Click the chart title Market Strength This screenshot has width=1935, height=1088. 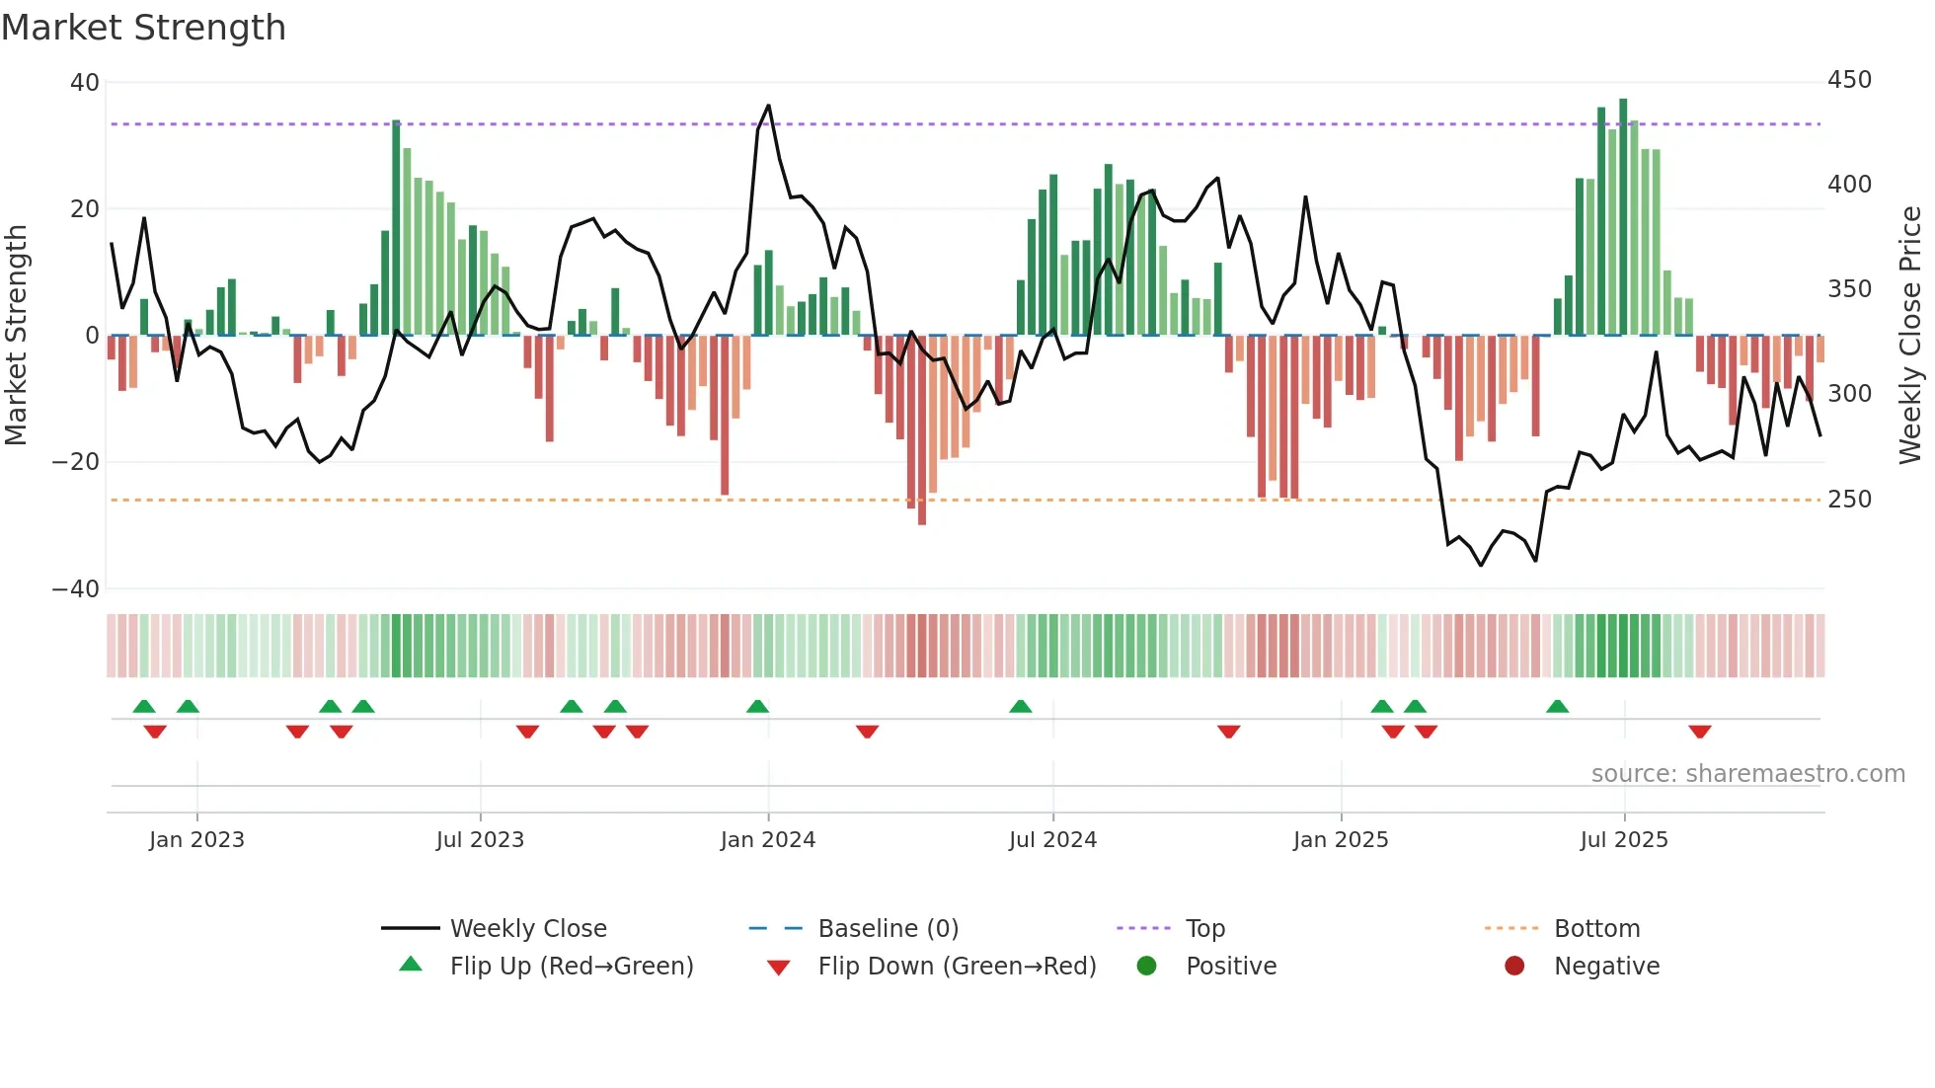pyautogui.click(x=143, y=28)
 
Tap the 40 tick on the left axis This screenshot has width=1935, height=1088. pyautogui.click(x=85, y=83)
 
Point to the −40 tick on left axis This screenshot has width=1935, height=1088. pyautogui.click(x=76, y=589)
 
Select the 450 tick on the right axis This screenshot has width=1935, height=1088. pyautogui.click(x=1849, y=80)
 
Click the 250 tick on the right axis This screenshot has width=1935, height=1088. pyautogui.click(x=1849, y=500)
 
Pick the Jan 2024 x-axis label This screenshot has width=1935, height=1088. pyautogui.click(x=768, y=840)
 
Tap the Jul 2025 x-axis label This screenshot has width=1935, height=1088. pyautogui.click(x=1624, y=840)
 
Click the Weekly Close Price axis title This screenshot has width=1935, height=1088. pyautogui.click(x=1910, y=336)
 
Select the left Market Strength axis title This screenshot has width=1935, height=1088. pyautogui.click(x=16, y=336)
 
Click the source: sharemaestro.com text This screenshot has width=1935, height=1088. pyautogui.click(x=1747, y=774)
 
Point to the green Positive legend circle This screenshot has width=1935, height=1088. pyautogui.click(x=1146, y=967)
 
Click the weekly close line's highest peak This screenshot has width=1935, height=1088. pyautogui.click(x=768, y=106)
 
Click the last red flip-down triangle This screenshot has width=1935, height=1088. pyautogui.click(x=1699, y=732)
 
